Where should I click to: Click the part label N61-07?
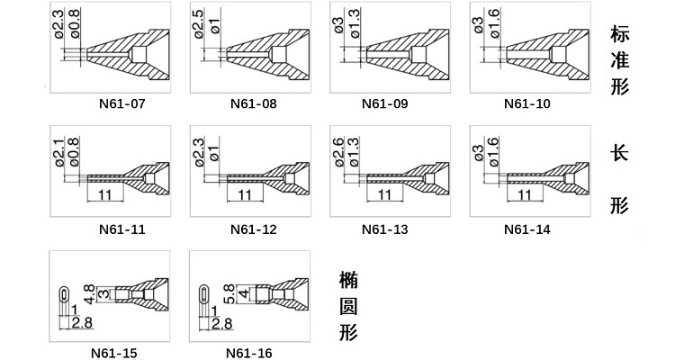coord(121,103)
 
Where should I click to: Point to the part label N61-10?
coord(526,103)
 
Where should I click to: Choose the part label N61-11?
coord(121,229)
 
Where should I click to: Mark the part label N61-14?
coord(526,229)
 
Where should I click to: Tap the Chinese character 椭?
coord(348,281)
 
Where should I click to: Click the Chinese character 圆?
coord(348,307)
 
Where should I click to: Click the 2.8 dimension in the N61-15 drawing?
coord(81,322)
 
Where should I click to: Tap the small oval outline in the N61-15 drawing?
coord(63,293)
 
